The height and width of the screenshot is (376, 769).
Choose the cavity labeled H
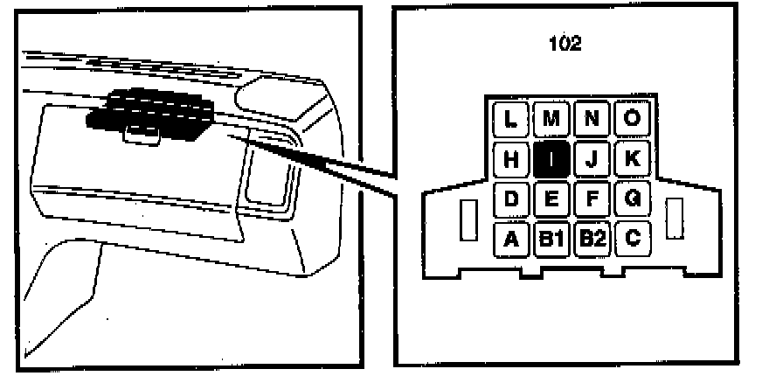click(511, 159)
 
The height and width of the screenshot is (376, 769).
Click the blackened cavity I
click(551, 159)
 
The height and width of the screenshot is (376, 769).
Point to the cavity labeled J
click(592, 159)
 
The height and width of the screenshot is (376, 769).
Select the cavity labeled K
click(632, 159)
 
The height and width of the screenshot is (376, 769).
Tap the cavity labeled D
click(511, 198)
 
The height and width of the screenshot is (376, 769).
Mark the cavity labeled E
click(551, 198)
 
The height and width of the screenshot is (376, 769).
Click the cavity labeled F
click(592, 198)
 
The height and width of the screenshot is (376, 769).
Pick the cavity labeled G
click(632, 198)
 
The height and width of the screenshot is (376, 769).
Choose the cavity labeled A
click(511, 238)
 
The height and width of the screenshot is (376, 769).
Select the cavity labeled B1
click(551, 238)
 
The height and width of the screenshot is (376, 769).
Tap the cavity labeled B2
click(592, 238)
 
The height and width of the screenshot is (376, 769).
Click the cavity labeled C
click(632, 238)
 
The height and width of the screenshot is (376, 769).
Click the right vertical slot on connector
click(674, 219)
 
